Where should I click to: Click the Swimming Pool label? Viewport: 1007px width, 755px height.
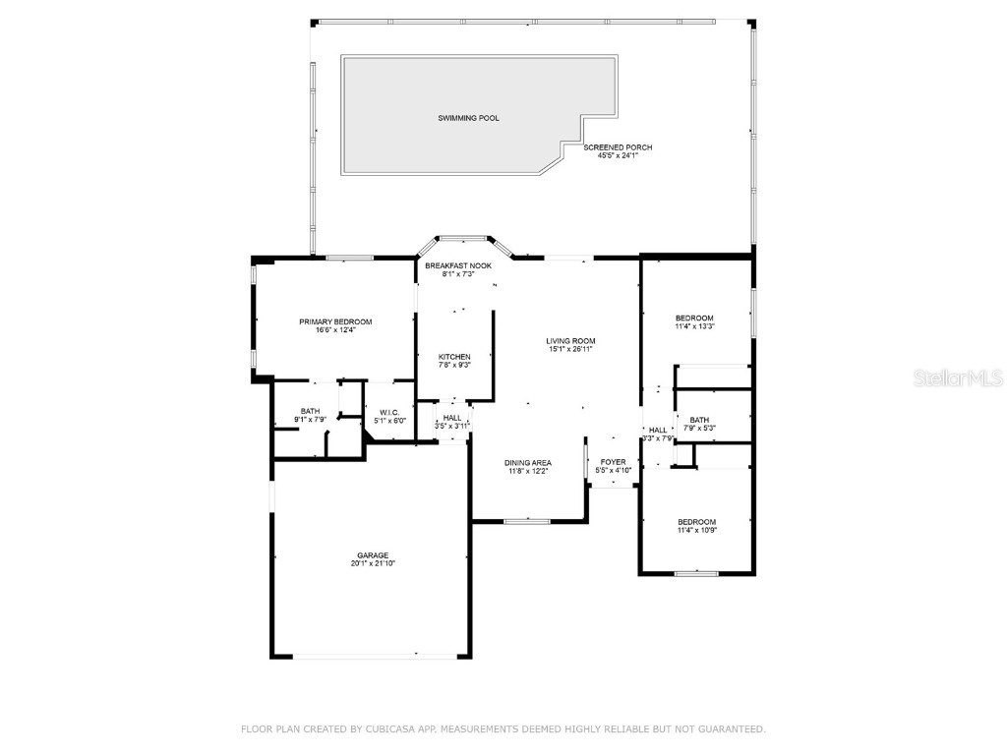coord(468,118)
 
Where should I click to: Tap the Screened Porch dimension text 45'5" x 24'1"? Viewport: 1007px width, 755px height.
coord(618,155)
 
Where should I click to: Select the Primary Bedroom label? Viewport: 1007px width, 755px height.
coord(335,321)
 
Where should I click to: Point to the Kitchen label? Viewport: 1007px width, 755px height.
coord(454,357)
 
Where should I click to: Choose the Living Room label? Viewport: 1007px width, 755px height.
coord(570,341)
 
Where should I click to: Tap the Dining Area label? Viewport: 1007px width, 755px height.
coord(528,463)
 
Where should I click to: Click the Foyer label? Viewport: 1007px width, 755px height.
coord(613,462)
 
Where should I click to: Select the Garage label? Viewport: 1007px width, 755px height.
coord(372,555)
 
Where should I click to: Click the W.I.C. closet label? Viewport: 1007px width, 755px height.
coord(389,412)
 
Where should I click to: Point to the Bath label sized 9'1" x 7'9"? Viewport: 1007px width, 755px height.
coord(310,412)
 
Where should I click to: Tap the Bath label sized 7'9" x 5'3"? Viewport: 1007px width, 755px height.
coord(699,420)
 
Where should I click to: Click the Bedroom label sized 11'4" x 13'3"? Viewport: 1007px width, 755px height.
coord(693,318)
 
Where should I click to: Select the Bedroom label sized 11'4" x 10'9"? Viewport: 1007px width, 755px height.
coord(696,522)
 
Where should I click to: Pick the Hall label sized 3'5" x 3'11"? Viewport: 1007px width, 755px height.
coord(452,418)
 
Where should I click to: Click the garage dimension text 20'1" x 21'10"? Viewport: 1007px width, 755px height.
coord(372,564)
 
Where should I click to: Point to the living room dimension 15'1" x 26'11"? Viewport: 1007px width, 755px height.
coord(570,349)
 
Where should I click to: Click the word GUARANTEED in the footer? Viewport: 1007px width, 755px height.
coord(729,729)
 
